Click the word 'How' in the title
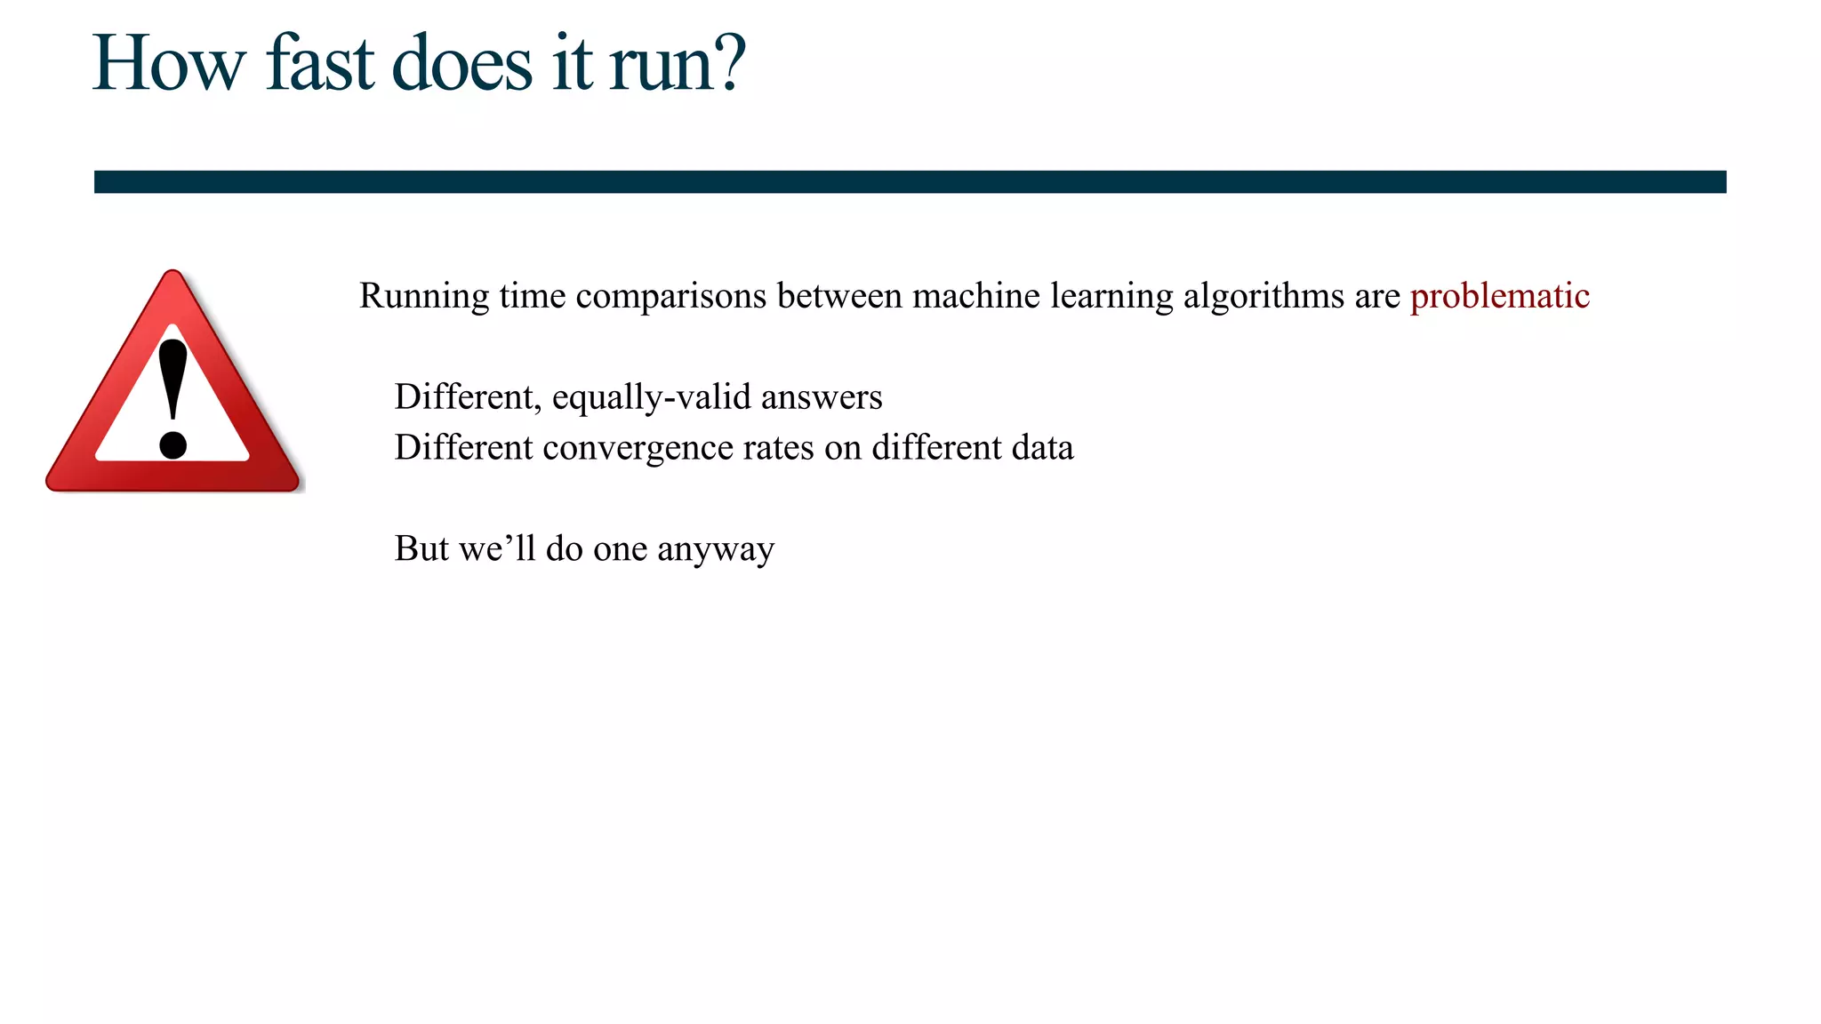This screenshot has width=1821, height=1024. (x=169, y=64)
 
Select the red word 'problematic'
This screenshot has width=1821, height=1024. (x=1499, y=297)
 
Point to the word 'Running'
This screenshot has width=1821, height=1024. (x=424, y=297)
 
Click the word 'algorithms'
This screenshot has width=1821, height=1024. (x=1263, y=297)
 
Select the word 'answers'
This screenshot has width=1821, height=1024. (x=822, y=397)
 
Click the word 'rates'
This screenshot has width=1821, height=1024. (x=778, y=448)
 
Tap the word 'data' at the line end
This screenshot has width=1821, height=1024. (x=1042, y=448)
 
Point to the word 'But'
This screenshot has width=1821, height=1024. (x=421, y=549)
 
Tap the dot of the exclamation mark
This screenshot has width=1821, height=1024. (x=172, y=444)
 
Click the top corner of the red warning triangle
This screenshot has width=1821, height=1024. (x=173, y=276)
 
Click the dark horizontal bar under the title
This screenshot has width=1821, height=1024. (x=910, y=182)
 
